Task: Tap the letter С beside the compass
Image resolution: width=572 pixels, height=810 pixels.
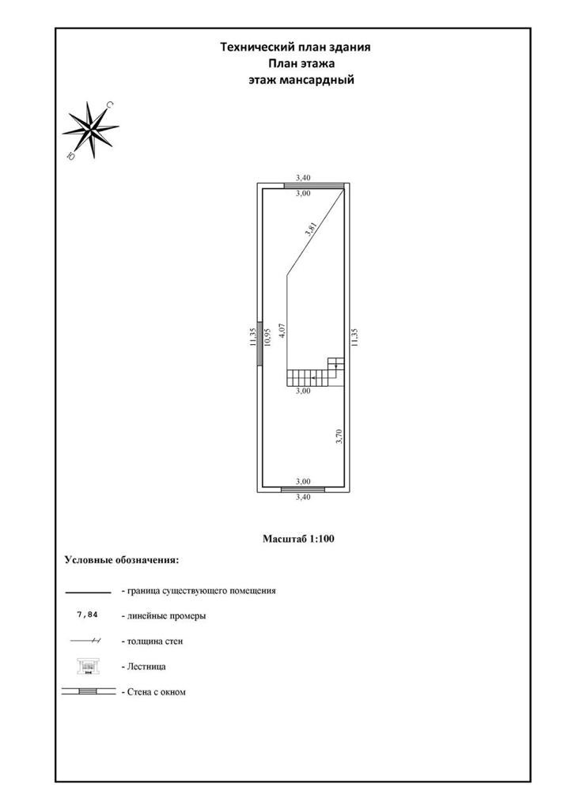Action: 110,104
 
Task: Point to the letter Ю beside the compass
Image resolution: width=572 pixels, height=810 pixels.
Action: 71,157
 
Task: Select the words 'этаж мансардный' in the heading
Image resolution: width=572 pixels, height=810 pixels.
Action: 300,80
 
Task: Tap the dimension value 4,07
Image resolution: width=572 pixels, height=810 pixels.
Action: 282,330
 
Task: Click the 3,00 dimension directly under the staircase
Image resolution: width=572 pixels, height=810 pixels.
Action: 303,391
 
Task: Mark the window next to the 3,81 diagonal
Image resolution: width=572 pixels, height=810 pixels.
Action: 315,186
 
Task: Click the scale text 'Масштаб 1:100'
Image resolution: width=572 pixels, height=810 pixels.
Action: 299,539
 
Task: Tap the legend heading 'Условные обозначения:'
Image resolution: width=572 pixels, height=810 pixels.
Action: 121,560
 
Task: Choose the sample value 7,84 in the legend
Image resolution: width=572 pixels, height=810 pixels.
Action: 88,614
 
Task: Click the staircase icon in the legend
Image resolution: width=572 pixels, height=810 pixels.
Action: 87,666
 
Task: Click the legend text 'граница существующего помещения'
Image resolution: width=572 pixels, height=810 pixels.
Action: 199,590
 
